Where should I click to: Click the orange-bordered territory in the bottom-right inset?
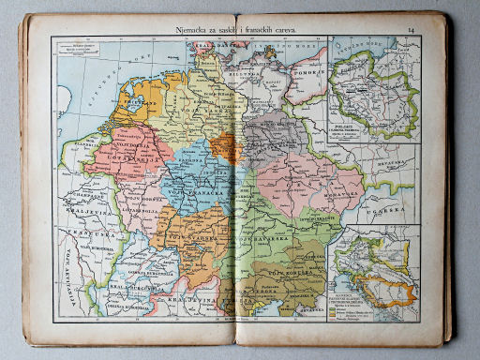click(x=392, y=292)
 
